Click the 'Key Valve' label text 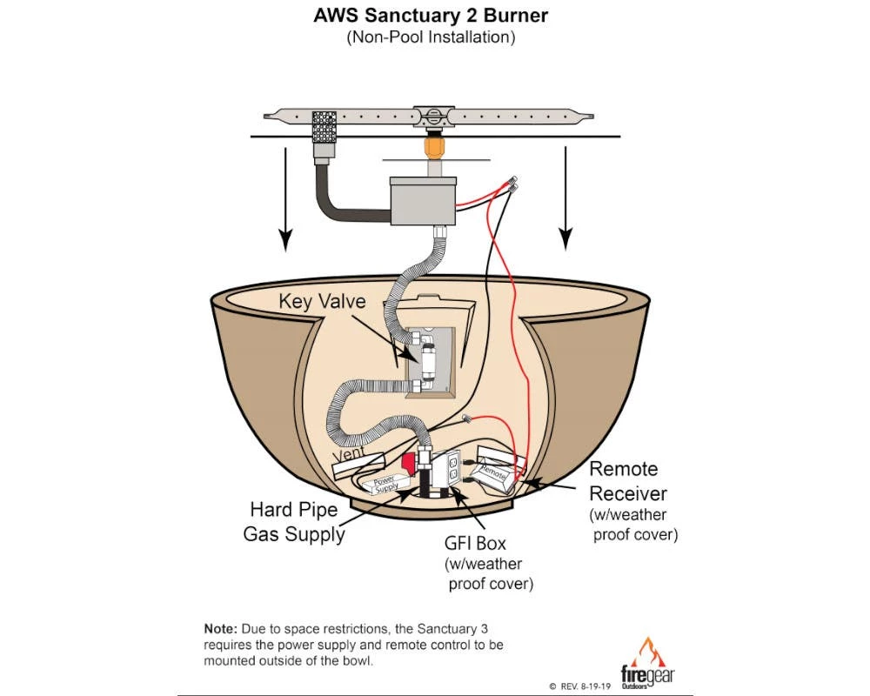pos(322,301)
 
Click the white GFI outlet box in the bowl pos(454,470)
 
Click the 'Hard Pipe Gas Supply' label pos(293,521)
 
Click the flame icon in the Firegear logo pos(648,651)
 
